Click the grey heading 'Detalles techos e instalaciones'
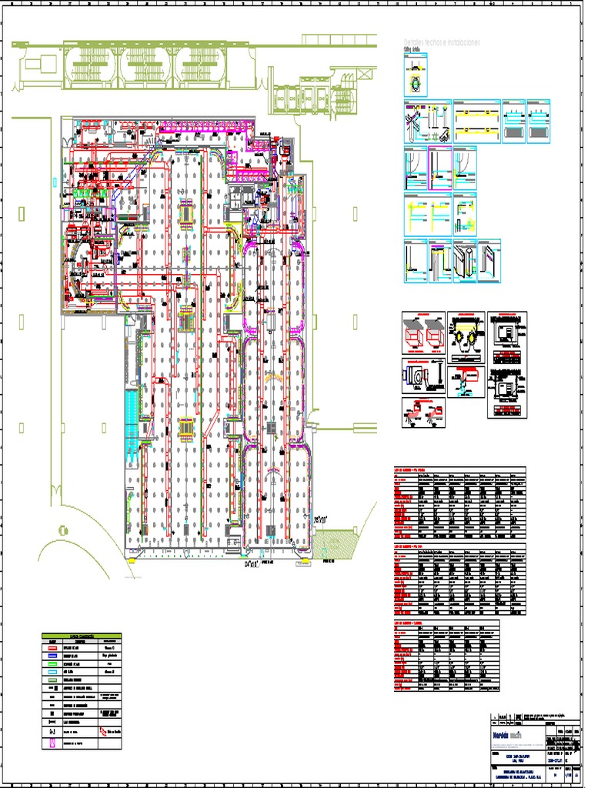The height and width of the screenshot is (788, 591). [x=442, y=43]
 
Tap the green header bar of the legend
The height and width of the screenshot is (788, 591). [x=82, y=637]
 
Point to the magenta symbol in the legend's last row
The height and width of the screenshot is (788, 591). [x=53, y=746]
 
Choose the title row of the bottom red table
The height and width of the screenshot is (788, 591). [x=446, y=623]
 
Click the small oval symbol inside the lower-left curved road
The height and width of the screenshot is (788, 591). [x=59, y=529]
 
